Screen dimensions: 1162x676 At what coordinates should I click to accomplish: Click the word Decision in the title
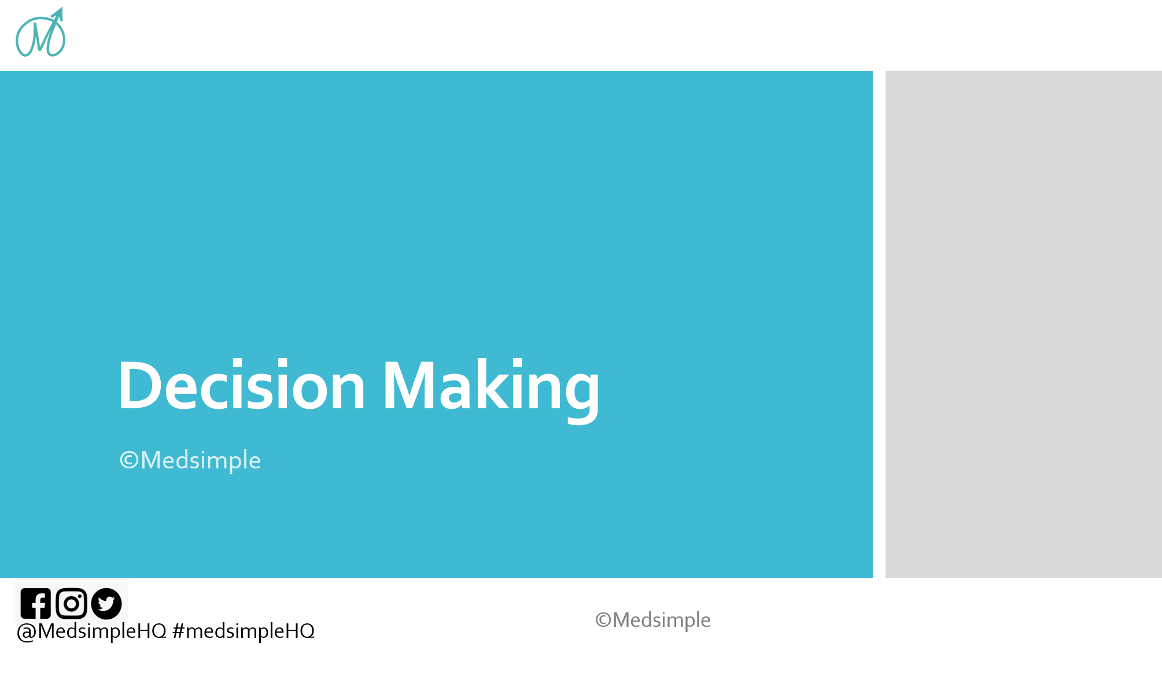coord(242,385)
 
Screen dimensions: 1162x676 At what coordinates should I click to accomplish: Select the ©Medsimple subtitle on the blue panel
coord(190,461)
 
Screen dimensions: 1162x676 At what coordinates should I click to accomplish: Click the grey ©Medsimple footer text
coord(653,620)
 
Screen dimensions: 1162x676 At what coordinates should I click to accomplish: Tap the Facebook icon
coord(36,604)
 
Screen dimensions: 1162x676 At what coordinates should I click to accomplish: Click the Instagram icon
coord(71,604)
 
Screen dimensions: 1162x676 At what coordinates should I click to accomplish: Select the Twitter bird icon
coord(106,604)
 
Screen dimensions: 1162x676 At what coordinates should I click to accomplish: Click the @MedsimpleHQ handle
coord(92,631)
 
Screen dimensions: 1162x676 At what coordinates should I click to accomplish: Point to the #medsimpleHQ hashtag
coord(244,631)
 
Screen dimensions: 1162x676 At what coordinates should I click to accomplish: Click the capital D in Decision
coord(138,385)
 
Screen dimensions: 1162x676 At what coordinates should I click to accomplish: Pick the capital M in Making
coord(408,385)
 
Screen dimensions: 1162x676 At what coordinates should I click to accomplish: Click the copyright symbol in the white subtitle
coord(129,461)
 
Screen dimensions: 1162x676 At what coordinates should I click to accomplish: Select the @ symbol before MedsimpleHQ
coord(27,632)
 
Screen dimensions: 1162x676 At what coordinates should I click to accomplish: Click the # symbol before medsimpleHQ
coord(178,631)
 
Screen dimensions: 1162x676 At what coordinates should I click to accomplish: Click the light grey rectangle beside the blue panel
coord(1023,324)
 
